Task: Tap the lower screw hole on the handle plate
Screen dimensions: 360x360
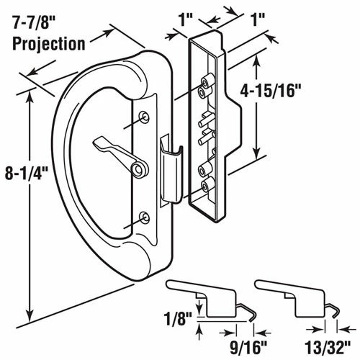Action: [x=146, y=215]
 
